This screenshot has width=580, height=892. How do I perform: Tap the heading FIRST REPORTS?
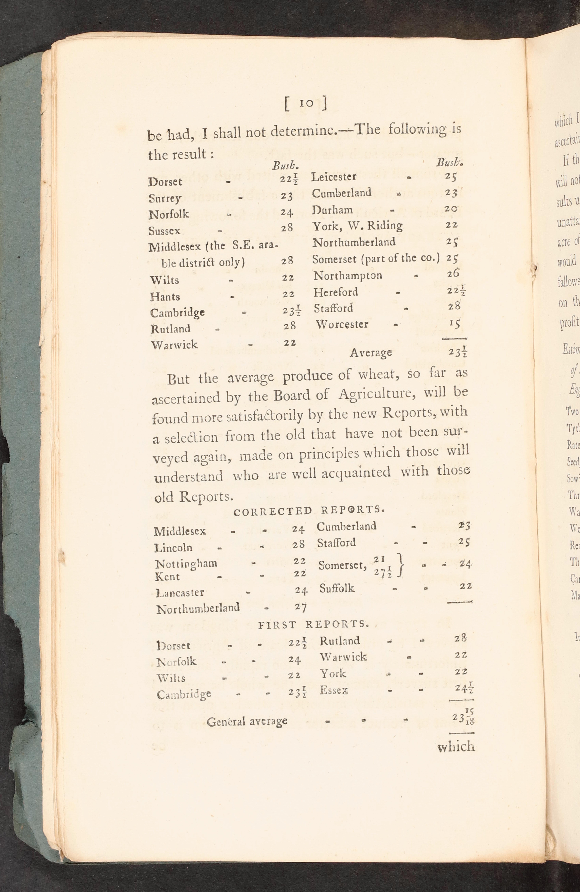click(314, 624)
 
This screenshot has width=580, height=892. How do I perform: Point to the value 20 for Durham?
click(451, 209)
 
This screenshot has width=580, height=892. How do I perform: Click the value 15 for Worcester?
click(454, 323)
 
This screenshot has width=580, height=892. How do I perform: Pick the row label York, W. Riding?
click(357, 226)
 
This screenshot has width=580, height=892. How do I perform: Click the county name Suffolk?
click(336, 588)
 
